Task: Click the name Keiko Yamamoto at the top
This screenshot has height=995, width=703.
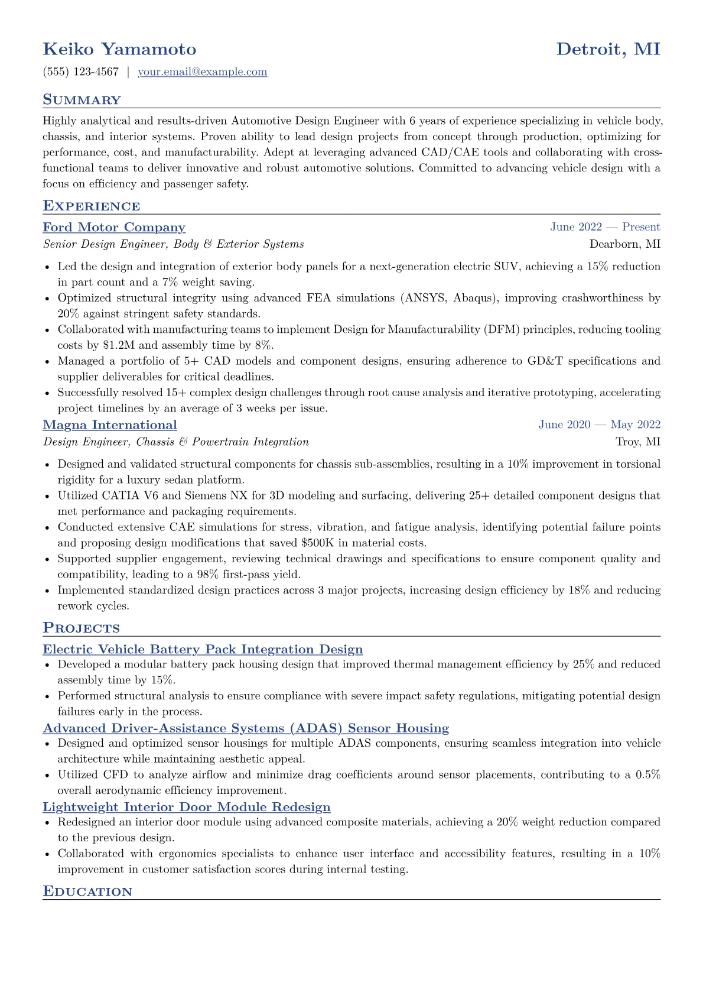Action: (x=119, y=49)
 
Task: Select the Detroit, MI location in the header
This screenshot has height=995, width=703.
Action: (x=608, y=49)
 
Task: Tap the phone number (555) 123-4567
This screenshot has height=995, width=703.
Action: (x=81, y=72)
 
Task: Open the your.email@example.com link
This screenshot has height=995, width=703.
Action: (x=202, y=72)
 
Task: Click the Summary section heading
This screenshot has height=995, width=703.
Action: (x=82, y=100)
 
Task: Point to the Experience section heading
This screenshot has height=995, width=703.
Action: (x=92, y=206)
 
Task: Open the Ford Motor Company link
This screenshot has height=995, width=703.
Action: (x=114, y=228)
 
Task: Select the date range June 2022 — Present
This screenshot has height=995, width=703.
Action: (x=605, y=227)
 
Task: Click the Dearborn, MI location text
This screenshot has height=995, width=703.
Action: (x=625, y=244)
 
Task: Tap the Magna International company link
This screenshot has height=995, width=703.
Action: (x=110, y=425)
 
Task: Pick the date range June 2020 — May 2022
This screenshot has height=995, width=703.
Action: (x=599, y=425)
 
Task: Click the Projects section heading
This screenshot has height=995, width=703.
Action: (x=81, y=628)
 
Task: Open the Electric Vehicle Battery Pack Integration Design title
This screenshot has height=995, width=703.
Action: (x=203, y=650)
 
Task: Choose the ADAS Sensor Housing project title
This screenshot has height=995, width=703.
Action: (x=246, y=728)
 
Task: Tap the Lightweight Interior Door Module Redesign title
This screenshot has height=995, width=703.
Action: (x=187, y=807)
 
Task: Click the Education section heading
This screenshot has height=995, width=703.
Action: (x=87, y=892)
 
